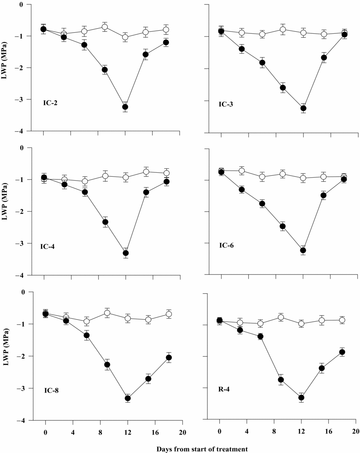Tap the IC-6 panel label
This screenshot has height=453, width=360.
pos(227,245)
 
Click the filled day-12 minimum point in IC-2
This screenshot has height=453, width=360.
pos(125,107)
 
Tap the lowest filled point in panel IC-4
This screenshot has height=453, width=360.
pos(126,253)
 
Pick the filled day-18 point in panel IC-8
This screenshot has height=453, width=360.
pos(169,357)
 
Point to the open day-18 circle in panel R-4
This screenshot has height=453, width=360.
pos(342,320)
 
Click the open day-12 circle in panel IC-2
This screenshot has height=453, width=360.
pos(125,37)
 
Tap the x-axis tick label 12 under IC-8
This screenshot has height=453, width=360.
pos(127,433)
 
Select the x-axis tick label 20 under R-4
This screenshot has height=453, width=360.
pos(355,433)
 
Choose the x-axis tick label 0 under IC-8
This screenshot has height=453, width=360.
pos(45,433)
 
